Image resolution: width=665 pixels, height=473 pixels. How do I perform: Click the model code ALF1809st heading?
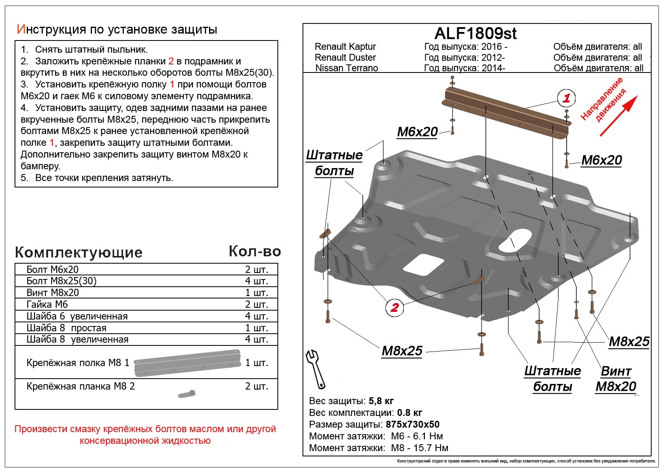[475, 33]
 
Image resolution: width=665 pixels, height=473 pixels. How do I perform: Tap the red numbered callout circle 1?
[566, 98]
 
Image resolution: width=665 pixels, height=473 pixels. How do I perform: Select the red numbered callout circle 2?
[394, 307]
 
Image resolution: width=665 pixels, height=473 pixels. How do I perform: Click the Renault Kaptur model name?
[345, 47]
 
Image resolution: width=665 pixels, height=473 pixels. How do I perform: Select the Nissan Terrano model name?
[346, 68]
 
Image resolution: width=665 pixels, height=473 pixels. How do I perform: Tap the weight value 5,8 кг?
[381, 401]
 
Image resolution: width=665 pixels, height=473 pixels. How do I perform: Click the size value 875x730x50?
[413, 424]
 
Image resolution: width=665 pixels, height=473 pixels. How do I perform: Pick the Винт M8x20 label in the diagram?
[616, 379]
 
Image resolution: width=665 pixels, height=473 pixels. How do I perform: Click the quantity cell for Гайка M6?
[256, 305]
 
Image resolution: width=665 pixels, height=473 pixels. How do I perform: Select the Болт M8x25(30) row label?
[61, 281]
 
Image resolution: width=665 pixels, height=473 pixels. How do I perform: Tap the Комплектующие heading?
[79, 252]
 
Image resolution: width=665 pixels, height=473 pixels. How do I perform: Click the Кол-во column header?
[255, 251]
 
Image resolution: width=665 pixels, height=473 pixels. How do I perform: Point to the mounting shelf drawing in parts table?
[188, 362]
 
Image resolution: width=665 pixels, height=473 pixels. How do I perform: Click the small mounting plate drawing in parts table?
[187, 393]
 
